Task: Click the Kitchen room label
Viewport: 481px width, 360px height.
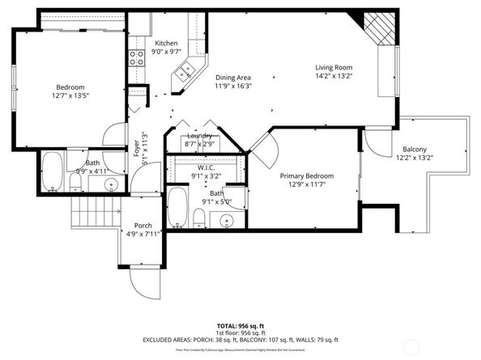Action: pyautogui.click(x=167, y=43)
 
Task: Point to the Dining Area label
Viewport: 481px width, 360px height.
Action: pyautogui.click(x=233, y=77)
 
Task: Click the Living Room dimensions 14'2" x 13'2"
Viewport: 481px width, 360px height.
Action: pyautogui.click(x=334, y=76)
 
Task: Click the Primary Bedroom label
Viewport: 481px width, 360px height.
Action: pyautogui.click(x=307, y=176)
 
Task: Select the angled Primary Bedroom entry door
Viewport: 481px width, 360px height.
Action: pyautogui.click(x=265, y=146)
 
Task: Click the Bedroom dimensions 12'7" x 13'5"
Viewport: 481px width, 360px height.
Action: pyautogui.click(x=70, y=95)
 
